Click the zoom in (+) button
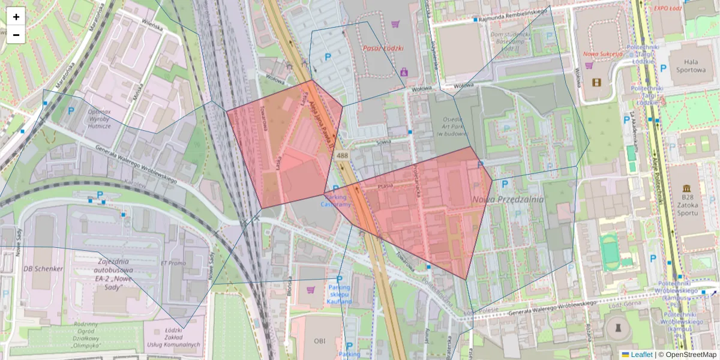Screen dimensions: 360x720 click(x=16, y=17)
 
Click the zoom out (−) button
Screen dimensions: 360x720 click(x=16, y=35)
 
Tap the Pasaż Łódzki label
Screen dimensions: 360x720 click(x=383, y=48)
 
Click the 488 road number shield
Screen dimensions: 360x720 click(x=342, y=156)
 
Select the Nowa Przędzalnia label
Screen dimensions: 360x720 click(x=508, y=200)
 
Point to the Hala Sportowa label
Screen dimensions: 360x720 click(x=686, y=65)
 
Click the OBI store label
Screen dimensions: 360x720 click(x=319, y=341)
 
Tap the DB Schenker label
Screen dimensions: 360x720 click(x=42, y=269)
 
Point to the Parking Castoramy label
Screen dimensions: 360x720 click(x=336, y=201)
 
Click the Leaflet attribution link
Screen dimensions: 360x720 click(x=641, y=355)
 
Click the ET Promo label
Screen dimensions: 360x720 click(x=173, y=263)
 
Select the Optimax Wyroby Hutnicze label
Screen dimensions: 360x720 click(x=100, y=119)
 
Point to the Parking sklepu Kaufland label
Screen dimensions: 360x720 click(x=339, y=294)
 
